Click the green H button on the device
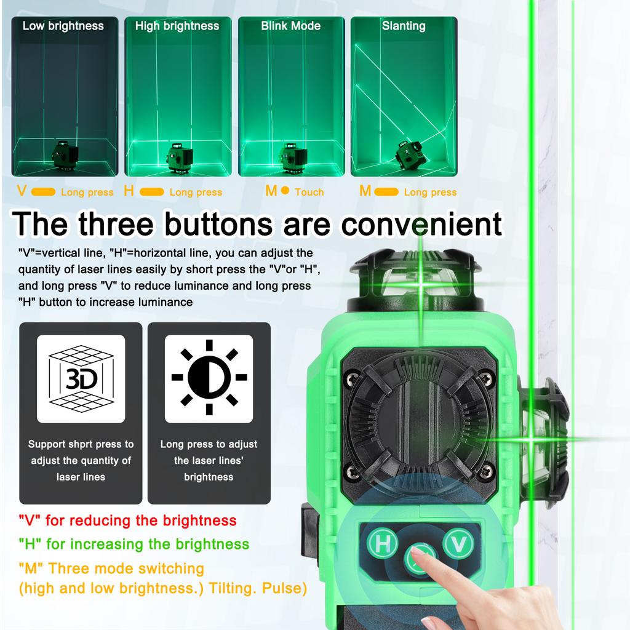(382, 544)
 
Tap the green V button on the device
(458, 544)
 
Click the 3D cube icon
(81, 378)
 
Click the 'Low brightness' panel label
(63, 26)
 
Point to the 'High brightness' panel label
(177, 26)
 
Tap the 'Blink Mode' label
(291, 26)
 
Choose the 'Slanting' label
(404, 26)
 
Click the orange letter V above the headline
(22, 191)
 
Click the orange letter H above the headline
(129, 191)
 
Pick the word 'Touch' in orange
(309, 192)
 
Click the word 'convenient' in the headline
(421, 224)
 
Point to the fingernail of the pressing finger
(418, 551)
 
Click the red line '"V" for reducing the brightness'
(127, 520)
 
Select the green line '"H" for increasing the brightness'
(134, 544)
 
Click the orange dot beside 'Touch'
(285, 191)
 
